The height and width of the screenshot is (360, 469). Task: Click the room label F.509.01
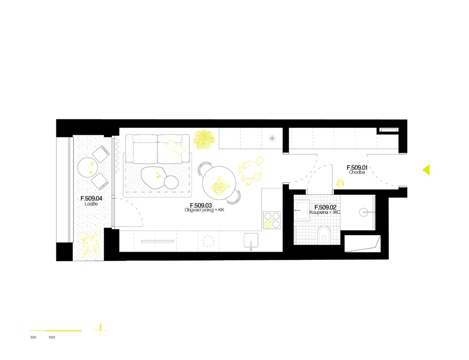tap(357, 168)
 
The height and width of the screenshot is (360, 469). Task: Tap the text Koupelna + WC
tap(325, 213)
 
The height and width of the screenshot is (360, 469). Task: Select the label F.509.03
tap(201, 205)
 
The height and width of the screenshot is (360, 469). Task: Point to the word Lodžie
tap(91, 204)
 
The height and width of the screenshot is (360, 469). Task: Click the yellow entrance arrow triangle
tap(426, 169)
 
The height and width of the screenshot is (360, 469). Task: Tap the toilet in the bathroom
tap(324, 234)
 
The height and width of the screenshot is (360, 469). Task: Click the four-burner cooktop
tap(272, 220)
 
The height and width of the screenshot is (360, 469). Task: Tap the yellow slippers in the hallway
tap(340, 183)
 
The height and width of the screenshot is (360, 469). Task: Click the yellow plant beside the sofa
tap(204, 139)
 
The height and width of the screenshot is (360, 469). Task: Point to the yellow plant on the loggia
tap(88, 244)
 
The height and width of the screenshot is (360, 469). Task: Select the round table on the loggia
tap(87, 168)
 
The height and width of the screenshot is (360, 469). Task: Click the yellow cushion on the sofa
tap(175, 147)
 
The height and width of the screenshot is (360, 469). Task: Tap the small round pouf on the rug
tap(171, 182)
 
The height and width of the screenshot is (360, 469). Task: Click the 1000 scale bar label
tap(52, 337)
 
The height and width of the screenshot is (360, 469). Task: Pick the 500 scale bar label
tap(33, 337)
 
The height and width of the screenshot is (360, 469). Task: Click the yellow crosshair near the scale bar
tap(100, 330)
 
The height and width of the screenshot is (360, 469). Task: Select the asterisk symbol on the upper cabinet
tap(272, 138)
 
